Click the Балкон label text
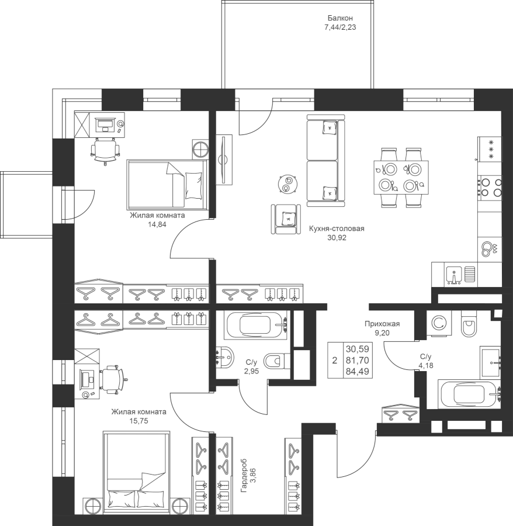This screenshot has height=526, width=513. (340, 18)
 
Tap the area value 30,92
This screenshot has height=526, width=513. (337, 238)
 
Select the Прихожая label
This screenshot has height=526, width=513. (382, 324)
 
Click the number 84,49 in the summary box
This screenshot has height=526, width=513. (358, 371)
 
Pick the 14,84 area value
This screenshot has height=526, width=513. (157, 224)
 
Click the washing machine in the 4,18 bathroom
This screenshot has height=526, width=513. (439, 323)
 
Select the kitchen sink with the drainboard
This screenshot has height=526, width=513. (460, 275)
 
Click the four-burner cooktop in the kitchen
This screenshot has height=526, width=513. (490, 188)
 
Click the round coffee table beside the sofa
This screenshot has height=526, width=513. (287, 184)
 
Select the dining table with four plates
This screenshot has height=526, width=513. (401, 178)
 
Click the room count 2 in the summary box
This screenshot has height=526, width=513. (335, 360)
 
